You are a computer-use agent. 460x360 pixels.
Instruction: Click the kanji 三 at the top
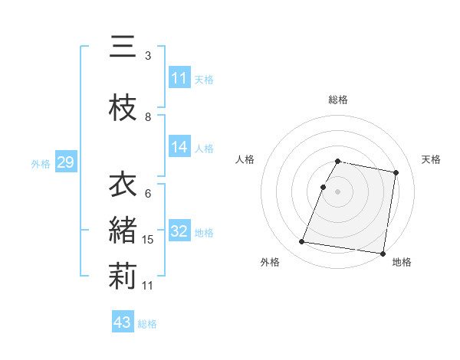tap(123, 48)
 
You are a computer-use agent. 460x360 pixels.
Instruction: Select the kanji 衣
tap(123, 186)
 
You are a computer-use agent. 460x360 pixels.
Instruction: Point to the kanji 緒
tap(123, 231)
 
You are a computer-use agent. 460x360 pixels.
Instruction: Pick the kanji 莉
tap(123, 277)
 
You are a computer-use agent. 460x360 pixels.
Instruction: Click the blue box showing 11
tap(179, 78)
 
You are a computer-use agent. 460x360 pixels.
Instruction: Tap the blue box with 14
tap(179, 147)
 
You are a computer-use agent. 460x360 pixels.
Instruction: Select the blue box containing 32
tap(179, 231)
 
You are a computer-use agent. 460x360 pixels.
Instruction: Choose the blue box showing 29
tap(65, 162)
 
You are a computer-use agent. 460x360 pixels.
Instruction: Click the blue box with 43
tap(123, 322)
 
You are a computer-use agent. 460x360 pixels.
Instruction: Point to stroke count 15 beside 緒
tap(149, 240)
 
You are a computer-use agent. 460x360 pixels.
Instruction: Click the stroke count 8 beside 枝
tap(148, 117)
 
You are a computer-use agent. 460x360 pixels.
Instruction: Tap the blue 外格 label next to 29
tap(41, 163)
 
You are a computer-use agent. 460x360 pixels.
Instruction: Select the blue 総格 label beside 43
tap(147, 324)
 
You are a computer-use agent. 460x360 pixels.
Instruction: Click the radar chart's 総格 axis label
tap(338, 100)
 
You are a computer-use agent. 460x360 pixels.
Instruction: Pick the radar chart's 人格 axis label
tap(245, 159)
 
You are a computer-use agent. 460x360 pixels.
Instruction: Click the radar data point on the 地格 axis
tap(383, 253)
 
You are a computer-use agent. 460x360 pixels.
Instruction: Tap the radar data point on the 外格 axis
tap(302, 242)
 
